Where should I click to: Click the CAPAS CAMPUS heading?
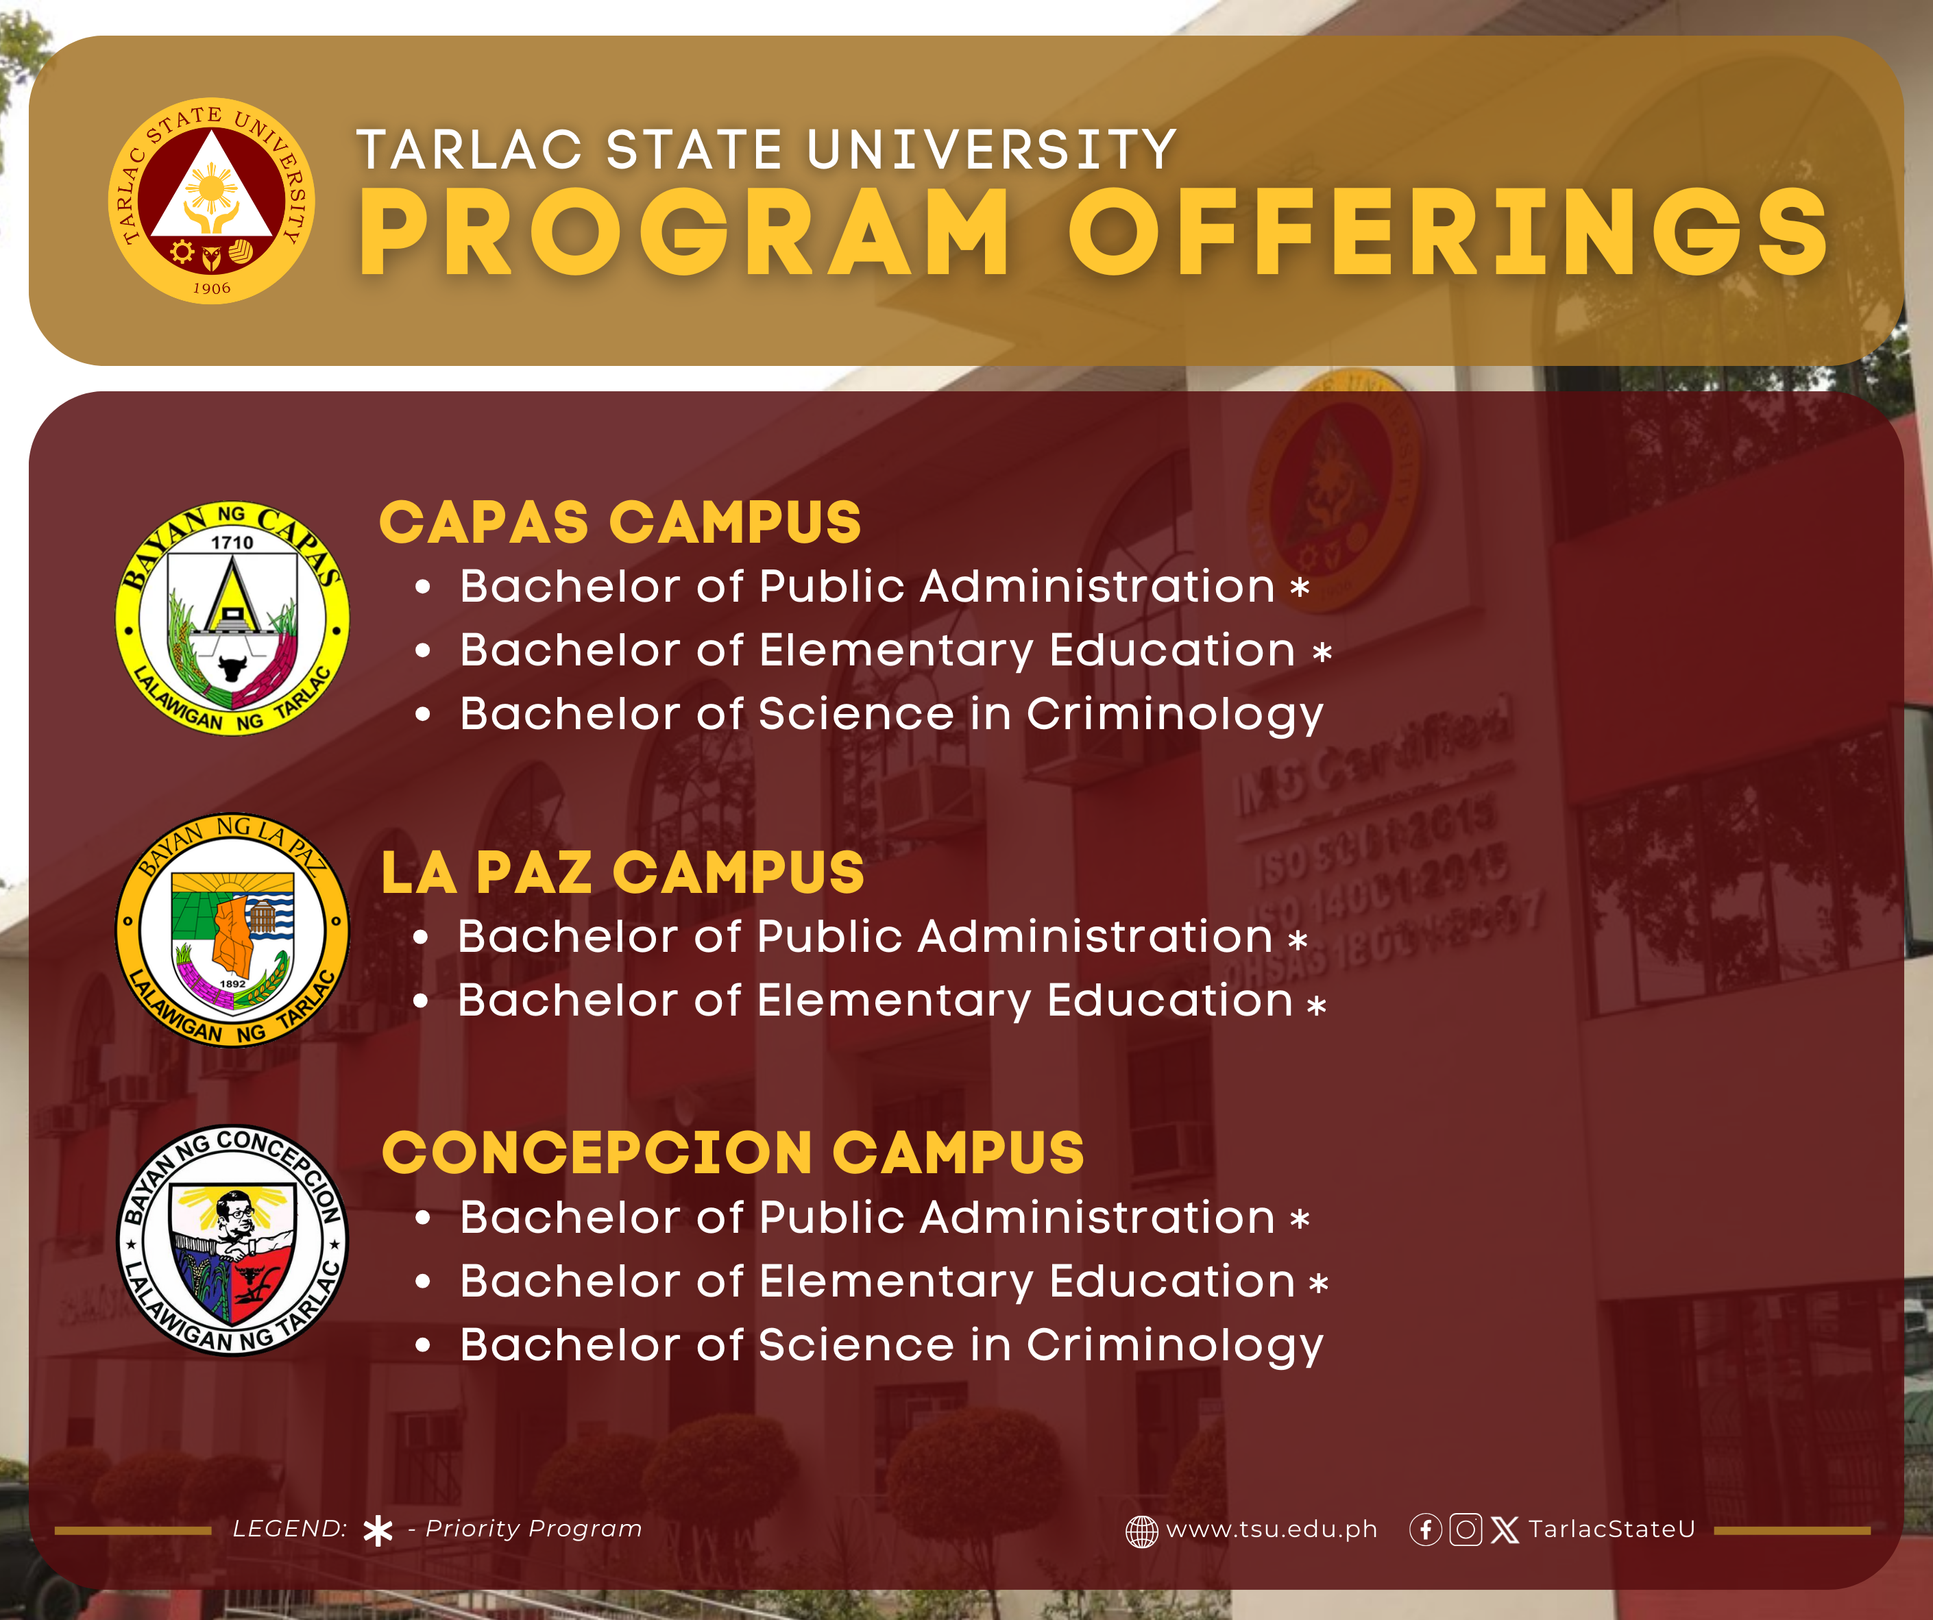coord(620,523)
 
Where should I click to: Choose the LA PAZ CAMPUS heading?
coord(623,872)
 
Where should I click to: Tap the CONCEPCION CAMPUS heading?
coord(733,1153)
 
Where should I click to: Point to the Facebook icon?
coord(1426,1530)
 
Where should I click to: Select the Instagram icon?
coord(1466,1530)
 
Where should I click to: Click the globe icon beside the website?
coord(1141,1532)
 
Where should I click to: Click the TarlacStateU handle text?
coord(1612,1529)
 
